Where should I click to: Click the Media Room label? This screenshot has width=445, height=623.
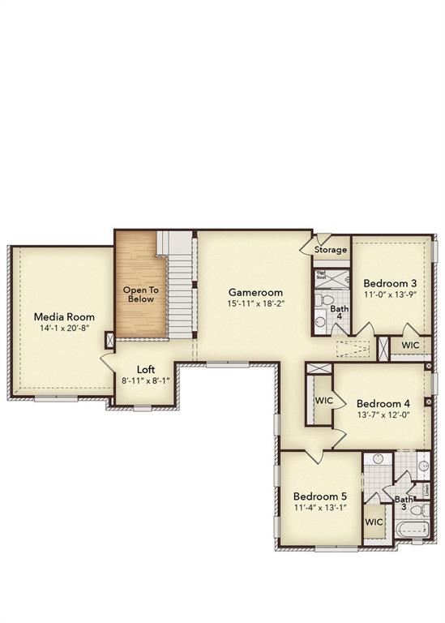[x=64, y=317]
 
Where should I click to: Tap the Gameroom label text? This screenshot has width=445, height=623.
[x=255, y=292]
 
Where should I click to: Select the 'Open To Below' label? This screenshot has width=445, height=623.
[x=140, y=294]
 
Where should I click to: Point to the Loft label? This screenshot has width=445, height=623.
[x=146, y=368]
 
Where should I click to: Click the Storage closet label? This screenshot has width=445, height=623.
[x=331, y=250]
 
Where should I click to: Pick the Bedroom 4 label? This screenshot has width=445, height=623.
[x=383, y=403]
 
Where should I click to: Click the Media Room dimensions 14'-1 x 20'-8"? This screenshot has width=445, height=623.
[x=64, y=329]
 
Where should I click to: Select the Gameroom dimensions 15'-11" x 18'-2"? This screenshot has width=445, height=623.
[x=256, y=303]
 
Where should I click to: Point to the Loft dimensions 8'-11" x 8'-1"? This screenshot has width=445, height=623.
[x=146, y=380]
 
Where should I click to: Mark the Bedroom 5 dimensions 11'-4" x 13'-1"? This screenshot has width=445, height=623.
[x=320, y=508]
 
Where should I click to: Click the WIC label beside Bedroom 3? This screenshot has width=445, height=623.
[x=410, y=346]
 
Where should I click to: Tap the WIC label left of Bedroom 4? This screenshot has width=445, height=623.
[x=324, y=401]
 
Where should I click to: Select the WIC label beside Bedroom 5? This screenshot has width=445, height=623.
[x=374, y=522]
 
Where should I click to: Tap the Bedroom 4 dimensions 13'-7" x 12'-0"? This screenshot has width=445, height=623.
[x=383, y=415]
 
